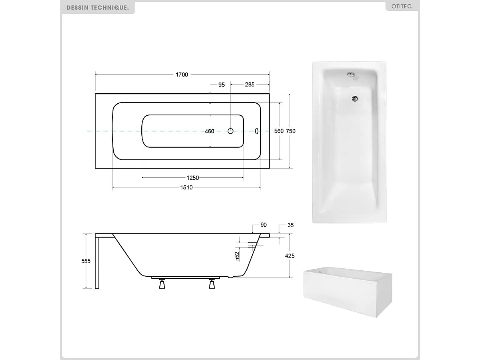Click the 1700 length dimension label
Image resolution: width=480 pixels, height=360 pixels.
[182, 75]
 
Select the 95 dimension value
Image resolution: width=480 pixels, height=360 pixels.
[221, 85]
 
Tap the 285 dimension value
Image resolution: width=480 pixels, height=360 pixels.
[249, 85]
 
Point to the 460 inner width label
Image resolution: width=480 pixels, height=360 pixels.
[209, 131]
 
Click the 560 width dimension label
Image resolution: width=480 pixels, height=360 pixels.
[279, 131]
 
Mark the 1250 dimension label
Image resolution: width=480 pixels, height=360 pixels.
[193, 178]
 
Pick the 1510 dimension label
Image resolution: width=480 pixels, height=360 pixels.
[187, 188]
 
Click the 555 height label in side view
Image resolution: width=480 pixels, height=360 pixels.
[86, 261]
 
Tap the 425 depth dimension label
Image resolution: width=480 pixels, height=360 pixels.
[290, 256]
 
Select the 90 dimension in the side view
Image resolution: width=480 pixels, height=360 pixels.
[263, 225]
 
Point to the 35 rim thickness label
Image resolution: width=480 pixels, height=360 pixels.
[291, 225]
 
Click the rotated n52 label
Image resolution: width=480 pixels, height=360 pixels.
[237, 256]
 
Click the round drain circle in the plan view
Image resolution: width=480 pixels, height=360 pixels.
[231, 131]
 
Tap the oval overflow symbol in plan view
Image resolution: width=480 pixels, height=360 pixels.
[257, 131]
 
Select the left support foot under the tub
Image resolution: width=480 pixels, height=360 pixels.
[162, 284]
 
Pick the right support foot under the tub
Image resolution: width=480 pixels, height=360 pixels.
[212, 284]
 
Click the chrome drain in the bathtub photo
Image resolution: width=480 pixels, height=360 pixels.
[354, 98]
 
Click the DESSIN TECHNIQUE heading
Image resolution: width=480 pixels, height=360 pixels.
[98, 8]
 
